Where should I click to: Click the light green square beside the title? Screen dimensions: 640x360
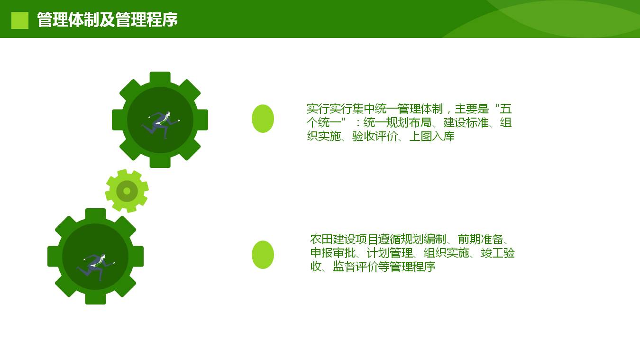coord(20,20)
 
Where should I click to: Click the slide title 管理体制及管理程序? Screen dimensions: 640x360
coord(108,20)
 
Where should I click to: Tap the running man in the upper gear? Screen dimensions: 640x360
coord(161,125)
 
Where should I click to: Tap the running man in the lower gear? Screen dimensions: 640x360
coord(96,267)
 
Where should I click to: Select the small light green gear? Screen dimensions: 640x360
coord(127,191)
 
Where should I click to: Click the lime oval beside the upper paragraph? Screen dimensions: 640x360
coord(263,119)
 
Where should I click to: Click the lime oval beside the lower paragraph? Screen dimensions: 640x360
coord(263,255)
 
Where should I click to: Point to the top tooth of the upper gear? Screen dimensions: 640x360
coord(160,78)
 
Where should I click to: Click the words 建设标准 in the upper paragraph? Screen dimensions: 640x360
coord(466,123)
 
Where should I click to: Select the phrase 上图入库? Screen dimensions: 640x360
coord(432,137)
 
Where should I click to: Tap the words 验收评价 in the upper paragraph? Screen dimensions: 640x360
coord(375,137)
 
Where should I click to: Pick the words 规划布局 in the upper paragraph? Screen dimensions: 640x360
coord(409,123)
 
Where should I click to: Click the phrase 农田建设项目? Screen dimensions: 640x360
coord(344,239)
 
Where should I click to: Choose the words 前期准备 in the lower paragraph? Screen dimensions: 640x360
coord(480,239)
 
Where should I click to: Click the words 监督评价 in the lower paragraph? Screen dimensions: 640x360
coord(356,267)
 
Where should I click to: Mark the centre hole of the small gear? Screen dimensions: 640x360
coord(127,191)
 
